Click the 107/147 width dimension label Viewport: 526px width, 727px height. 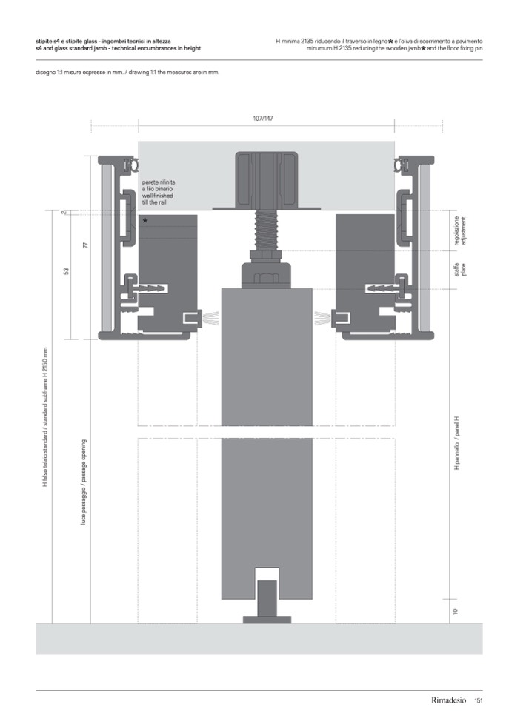(263, 119)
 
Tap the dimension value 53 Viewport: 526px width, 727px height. (66, 270)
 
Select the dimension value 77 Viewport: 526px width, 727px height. (85, 245)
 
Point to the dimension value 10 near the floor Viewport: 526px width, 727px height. (455, 611)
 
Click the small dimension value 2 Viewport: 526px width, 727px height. (64, 213)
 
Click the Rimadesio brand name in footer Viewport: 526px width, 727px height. (448, 700)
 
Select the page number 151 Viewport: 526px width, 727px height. (479, 700)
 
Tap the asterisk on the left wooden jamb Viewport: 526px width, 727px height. (145, 221)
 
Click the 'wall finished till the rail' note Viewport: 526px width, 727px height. (158, 199)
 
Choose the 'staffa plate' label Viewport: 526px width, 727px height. (460, 269)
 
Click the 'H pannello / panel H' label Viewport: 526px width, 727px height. (456, 443)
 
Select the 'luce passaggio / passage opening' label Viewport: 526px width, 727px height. (84, 482)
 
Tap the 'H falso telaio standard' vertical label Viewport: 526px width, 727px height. (45, 416)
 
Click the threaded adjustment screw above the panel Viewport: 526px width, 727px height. (266, 230)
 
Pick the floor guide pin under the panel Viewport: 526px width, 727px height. (267, 602)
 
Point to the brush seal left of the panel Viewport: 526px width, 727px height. (211, 318)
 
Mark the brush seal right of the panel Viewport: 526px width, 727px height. (323, 318)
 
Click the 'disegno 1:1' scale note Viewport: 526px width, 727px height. (127, 73)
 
